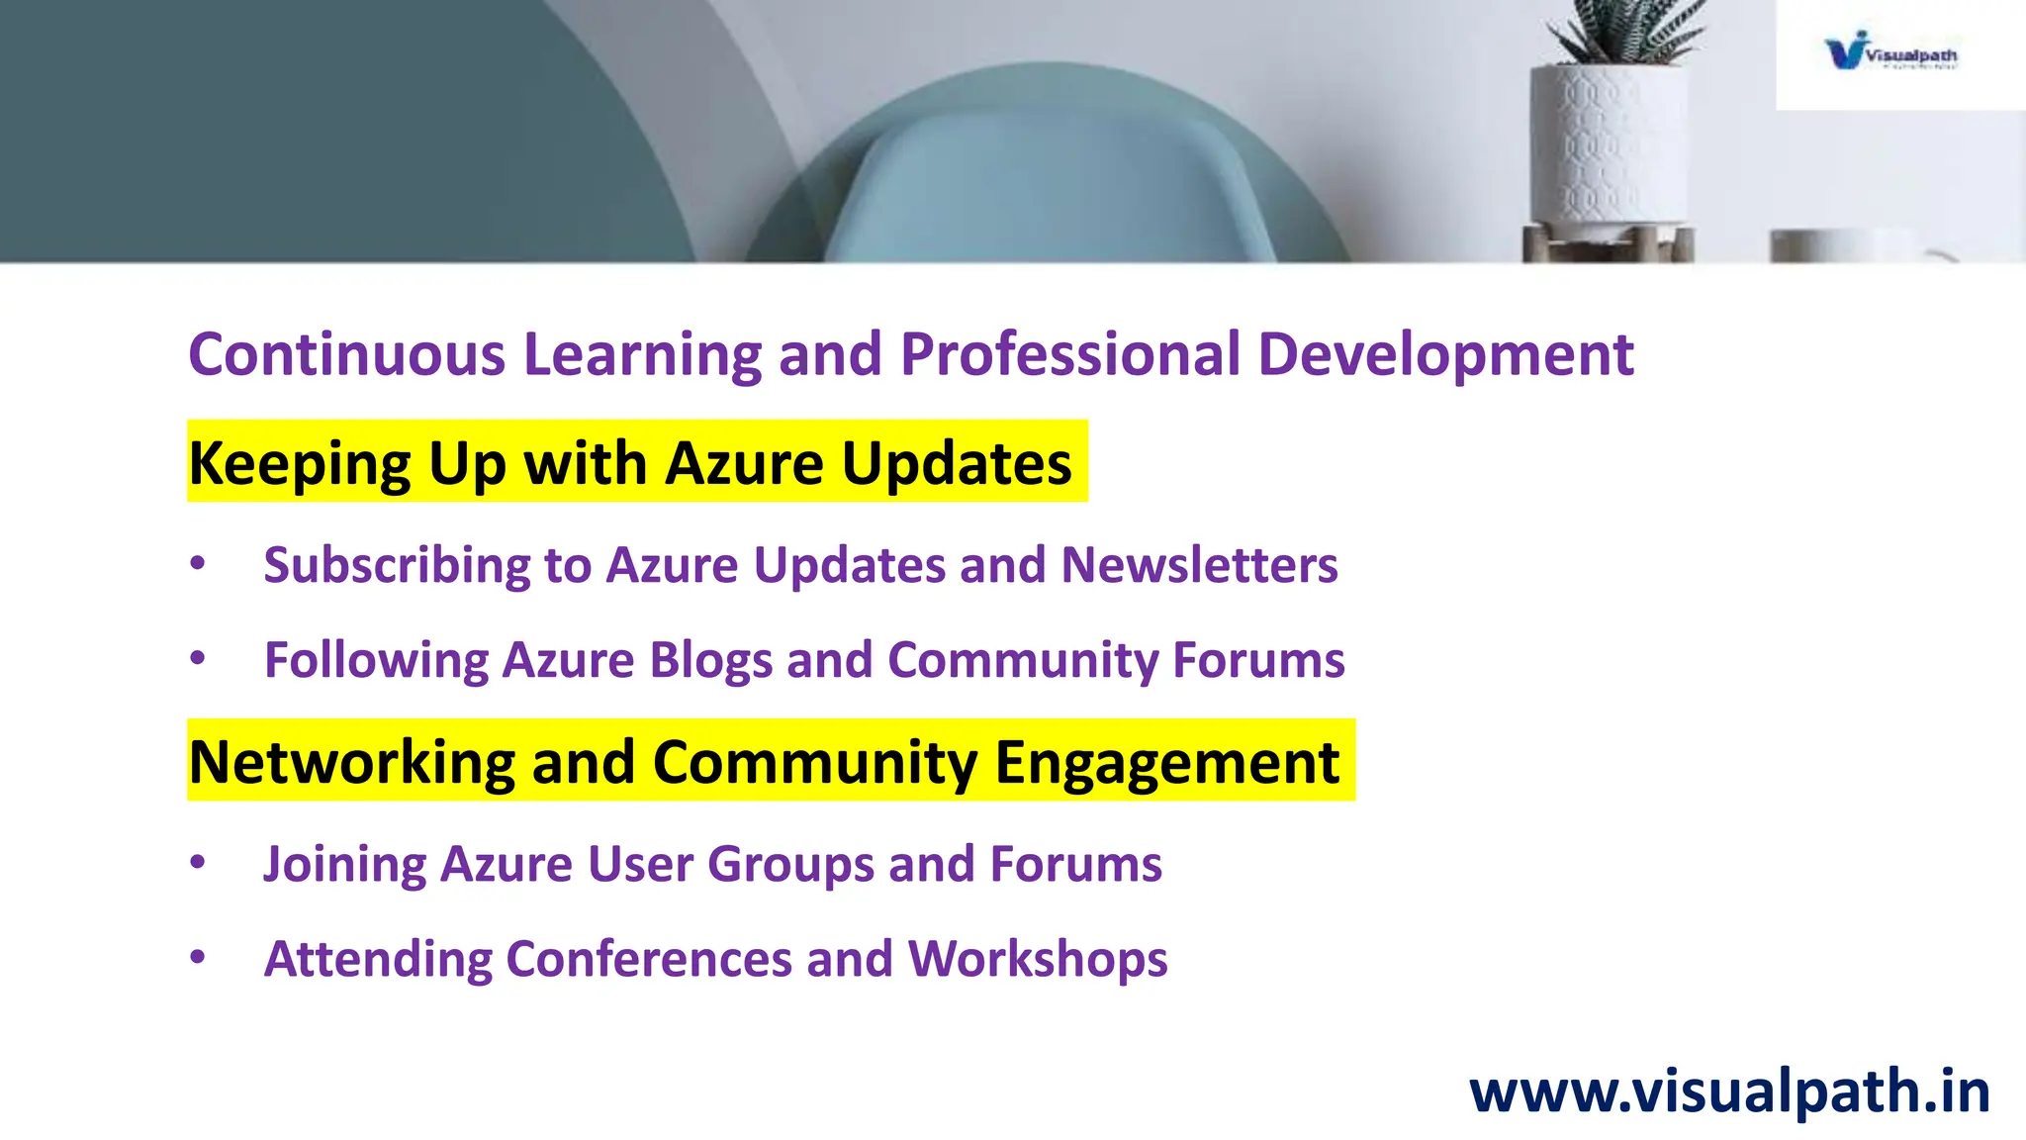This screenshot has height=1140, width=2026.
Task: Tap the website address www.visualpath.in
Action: [x=1729, y=1092]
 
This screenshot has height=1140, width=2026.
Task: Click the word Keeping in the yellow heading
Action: [x=300, y=463]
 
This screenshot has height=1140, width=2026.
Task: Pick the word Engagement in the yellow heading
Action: [x=1166, y=762]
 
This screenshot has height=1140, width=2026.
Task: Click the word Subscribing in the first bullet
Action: [x=397, y=566]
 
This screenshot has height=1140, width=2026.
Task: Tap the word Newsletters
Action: [x=1199, y=566]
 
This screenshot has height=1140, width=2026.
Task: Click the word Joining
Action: [x=344, y=865]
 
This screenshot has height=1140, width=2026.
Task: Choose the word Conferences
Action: [x=649, y=959]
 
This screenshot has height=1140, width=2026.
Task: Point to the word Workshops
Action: [x=1037, y=959]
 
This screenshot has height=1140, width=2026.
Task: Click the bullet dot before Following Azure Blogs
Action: [x=198, y=657]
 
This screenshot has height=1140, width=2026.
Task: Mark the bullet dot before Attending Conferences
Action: [x=198, y=956]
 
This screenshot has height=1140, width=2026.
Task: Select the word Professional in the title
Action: [x=1069, y=354]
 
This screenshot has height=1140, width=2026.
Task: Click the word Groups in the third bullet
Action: [x=790, y=865]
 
